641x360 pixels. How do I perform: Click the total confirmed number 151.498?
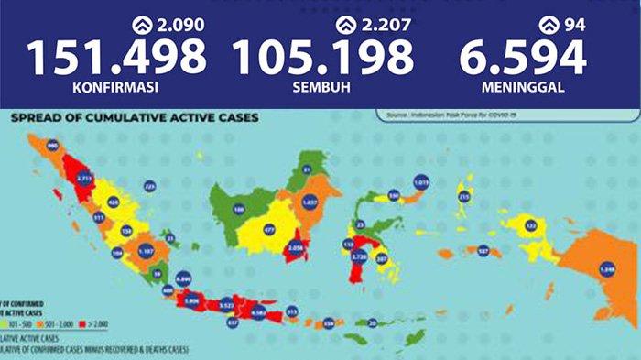coord(116,57)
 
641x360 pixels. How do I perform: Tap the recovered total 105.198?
coord(323,57)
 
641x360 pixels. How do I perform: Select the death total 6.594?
coord(524,57)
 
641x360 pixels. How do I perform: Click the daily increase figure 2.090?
coord(184,24)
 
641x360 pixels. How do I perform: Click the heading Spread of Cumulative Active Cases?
coord(134,118)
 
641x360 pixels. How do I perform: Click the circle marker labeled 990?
coord(52,146)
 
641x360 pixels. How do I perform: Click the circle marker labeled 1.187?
coord(145,250)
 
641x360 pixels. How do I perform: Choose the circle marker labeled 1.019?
coord(421,182)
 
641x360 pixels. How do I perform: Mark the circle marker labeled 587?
coord(483,249)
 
